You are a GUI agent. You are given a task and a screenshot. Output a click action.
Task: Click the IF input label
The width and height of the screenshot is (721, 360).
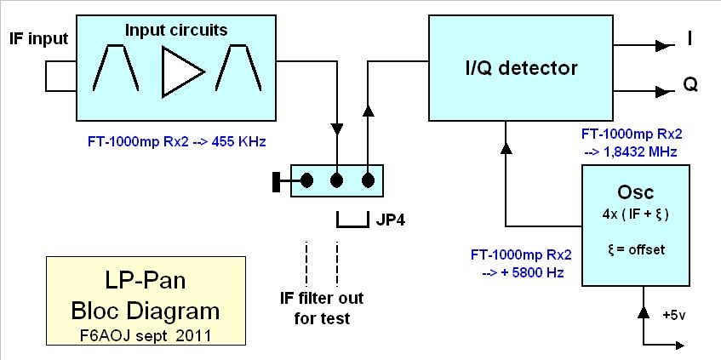pos(37,38)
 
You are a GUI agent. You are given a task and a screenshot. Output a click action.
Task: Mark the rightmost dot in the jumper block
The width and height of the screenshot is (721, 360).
pos(368,180)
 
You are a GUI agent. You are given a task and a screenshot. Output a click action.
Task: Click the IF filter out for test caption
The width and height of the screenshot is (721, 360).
pos(322,307)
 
